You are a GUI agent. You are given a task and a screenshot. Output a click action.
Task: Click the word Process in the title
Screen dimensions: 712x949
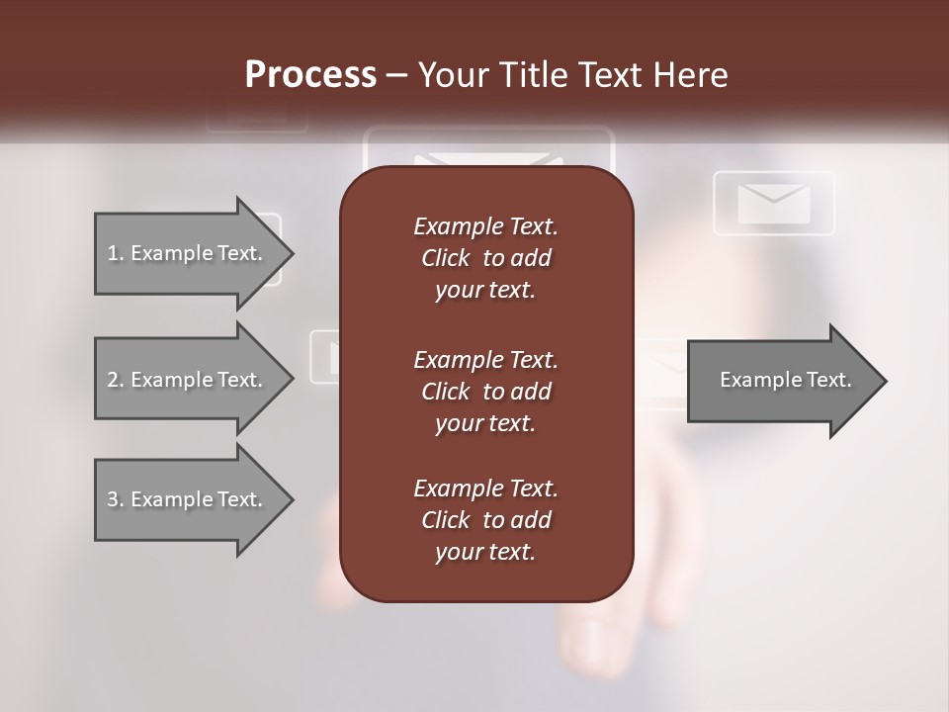coord(310,75)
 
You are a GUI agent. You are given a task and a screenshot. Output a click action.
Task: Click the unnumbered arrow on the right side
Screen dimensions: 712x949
coord(781,380)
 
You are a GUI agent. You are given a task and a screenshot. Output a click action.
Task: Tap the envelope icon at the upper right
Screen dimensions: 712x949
coord(774,204)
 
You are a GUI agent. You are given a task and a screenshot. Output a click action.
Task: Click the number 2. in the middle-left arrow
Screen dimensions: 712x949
coord(116,380)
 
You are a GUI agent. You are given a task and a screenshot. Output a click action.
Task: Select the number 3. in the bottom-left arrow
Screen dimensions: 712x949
coord(116,499)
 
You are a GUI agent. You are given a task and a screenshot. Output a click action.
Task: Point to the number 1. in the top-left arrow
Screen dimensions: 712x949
coord(116,253)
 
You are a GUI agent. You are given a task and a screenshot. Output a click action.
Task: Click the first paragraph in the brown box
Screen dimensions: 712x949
coord(485,258)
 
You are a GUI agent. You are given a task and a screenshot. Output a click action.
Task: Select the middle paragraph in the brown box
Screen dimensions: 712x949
coord(485,392)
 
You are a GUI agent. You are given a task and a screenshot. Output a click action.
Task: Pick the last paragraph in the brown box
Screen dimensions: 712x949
coord(485,520)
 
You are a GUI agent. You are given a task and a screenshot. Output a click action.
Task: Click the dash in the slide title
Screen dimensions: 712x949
coord(397,75)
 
